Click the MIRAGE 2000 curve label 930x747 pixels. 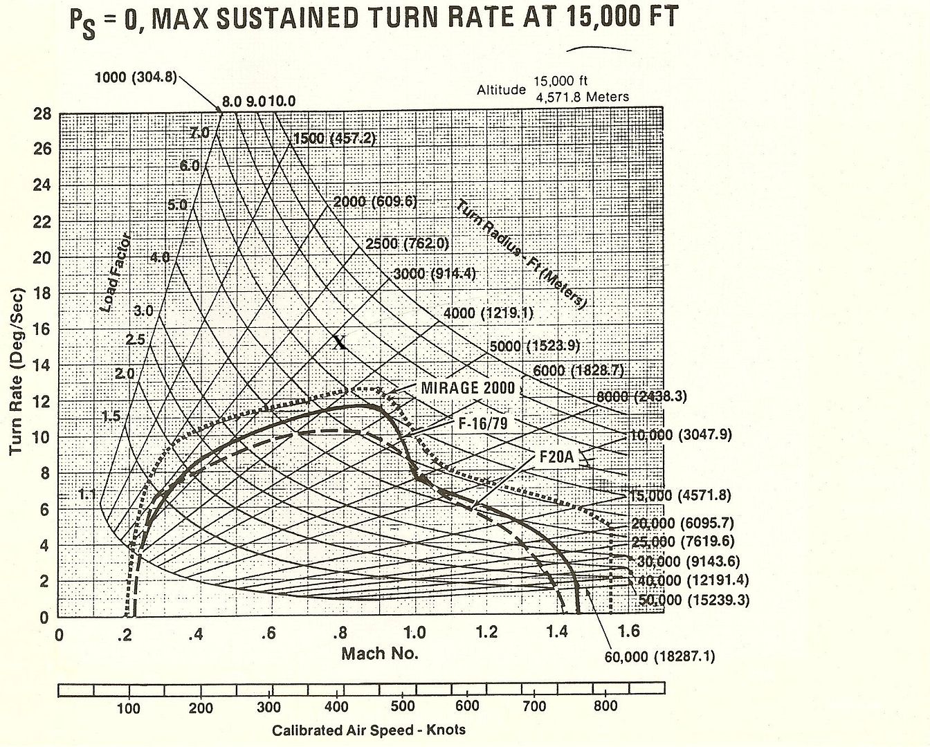point(468,387)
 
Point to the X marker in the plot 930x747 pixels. point(339,342)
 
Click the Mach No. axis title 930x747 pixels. point(379,654)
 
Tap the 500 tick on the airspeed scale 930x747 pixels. point(403,706)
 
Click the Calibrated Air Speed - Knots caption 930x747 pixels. point(368,730)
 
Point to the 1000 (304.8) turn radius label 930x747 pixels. point(136,77)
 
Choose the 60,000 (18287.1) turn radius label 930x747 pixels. point(659,656)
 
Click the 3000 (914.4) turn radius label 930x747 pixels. point(434,273)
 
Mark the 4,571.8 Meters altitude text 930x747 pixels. point(582,97)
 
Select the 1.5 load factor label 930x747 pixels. point(111,416)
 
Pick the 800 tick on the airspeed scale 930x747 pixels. point(605,706)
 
